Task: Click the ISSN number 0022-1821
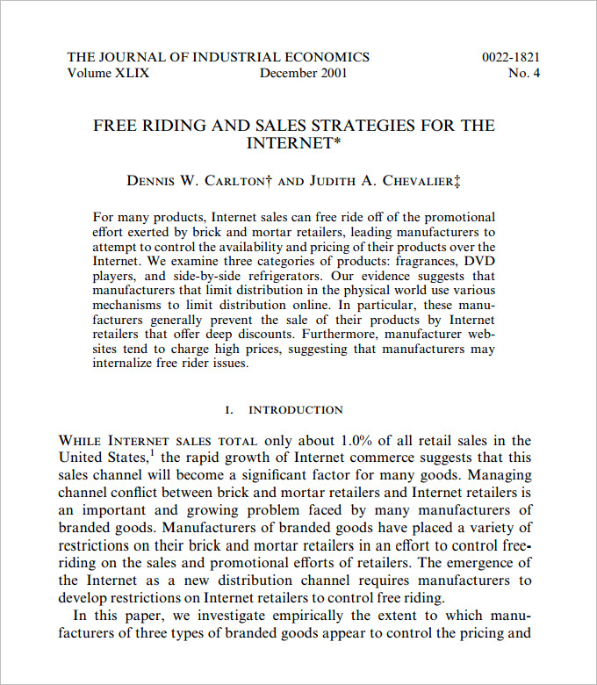coord(511,57)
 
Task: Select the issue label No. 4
coord(524,73)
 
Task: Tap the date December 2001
coord(303,73)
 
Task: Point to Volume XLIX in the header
coord(108,73)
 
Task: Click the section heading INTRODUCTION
coord(296,410)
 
